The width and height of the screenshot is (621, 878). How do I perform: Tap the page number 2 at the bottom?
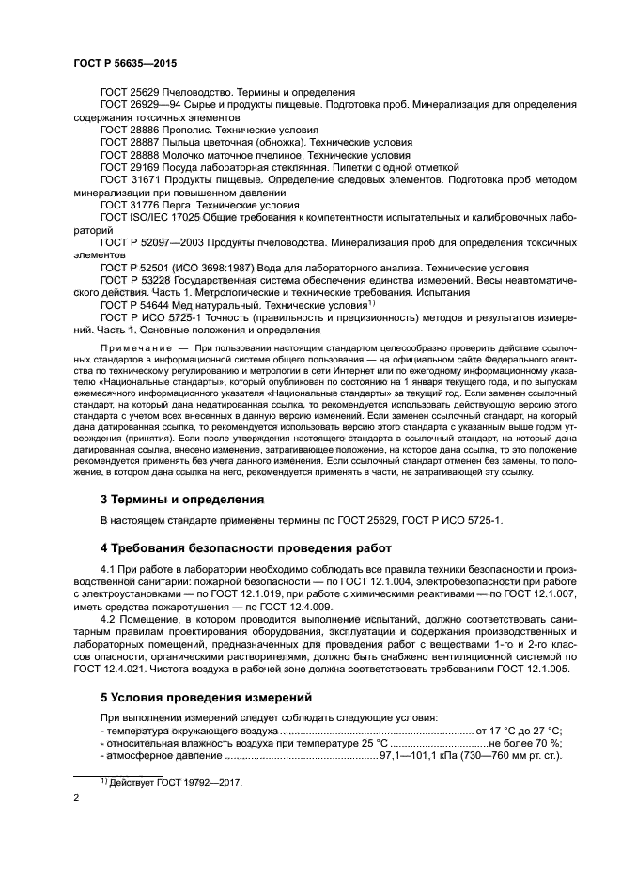pos(75,798)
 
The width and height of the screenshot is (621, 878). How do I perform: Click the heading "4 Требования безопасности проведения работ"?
pos(241,547)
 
